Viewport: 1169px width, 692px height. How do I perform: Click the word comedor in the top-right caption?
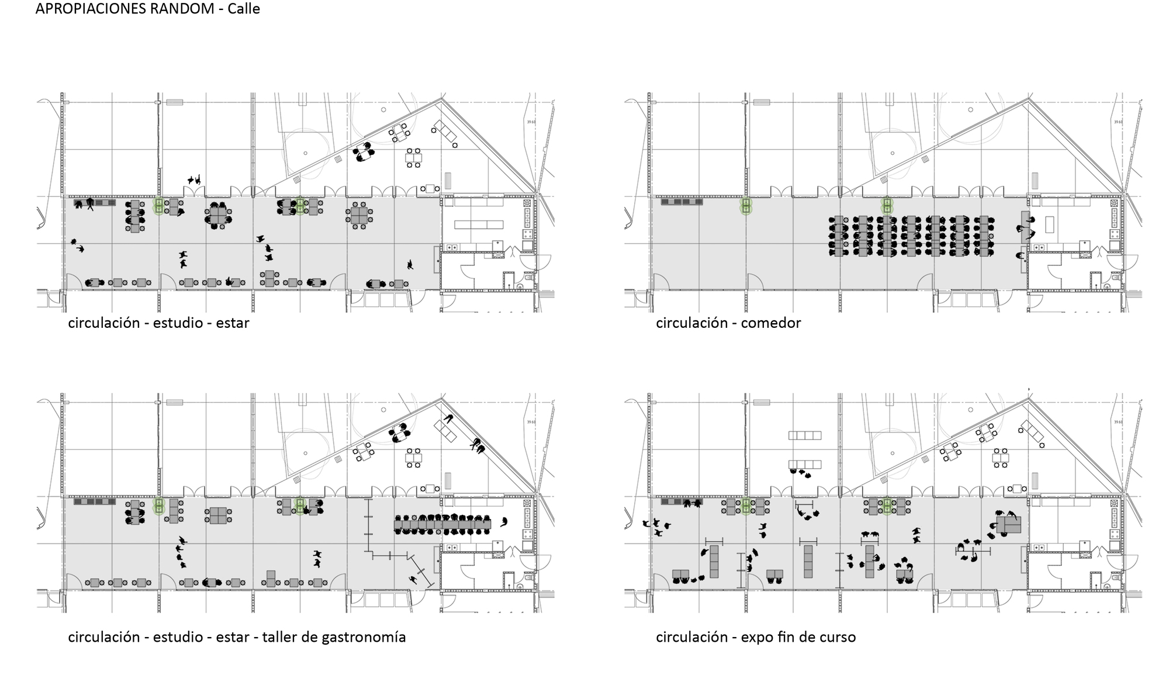771,323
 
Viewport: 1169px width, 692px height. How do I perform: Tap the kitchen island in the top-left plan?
478,224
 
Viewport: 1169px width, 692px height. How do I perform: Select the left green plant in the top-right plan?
745,206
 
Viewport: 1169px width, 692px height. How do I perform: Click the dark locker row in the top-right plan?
682,202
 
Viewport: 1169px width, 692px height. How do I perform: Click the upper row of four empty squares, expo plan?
805,435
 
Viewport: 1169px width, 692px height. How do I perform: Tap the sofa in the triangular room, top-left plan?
448,134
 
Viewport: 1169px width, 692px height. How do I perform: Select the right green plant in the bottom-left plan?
300,506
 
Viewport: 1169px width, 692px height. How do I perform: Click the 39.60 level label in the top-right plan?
1118,122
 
